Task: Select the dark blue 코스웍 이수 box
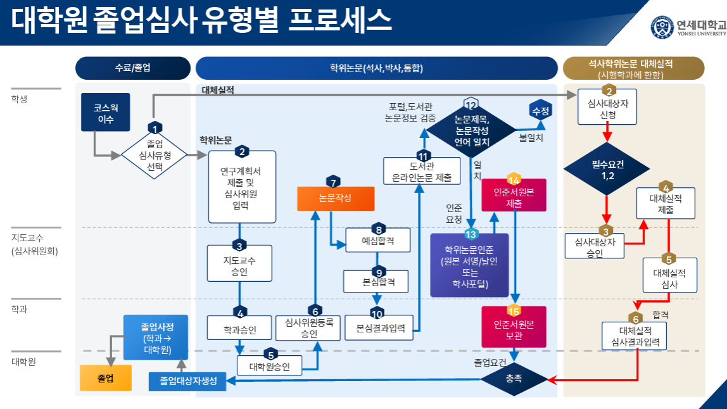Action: click(x=106, y=113)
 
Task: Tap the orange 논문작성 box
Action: click(x=336, y=198)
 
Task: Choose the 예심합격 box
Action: click(x=378, y=241)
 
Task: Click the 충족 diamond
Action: click(x=514, y=379)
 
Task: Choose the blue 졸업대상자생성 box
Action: click(x=187, y=381)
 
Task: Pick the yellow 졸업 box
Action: click(x=106, y=378)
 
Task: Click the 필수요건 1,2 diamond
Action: click(x=607, y=170)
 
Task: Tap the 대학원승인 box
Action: click(x=269, y=366)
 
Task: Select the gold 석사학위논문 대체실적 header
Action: click(x=633, y=68)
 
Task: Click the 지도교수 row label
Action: click(x=28, y=239)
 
